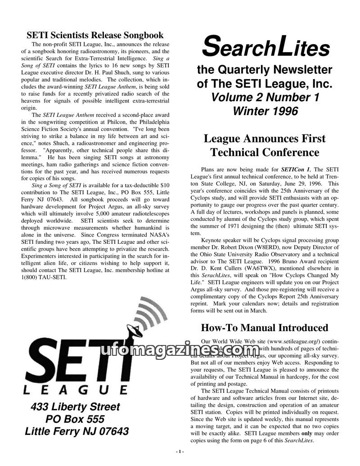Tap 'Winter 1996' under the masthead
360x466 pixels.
265,111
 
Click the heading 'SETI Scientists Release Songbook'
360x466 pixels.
95,35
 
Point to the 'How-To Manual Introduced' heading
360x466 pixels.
264,328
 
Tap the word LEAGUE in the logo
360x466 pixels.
75,388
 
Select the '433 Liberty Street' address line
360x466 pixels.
76,407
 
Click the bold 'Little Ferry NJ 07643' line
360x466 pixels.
76,431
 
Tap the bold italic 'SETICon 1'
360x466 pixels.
295,169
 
